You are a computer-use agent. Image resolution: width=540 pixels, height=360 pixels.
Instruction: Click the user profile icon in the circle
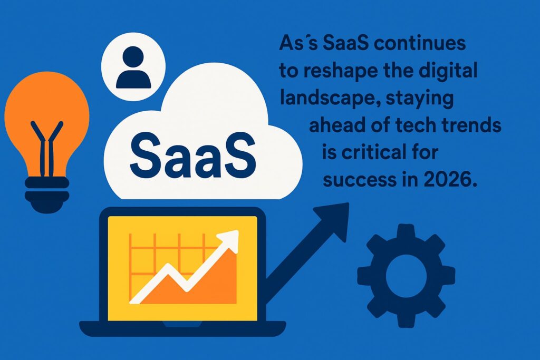coord(133,67)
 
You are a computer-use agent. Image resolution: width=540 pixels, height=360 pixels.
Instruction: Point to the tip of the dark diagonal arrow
coord(349,203)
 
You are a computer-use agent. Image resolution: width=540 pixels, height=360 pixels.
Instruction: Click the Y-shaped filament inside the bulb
coord(47,148)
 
